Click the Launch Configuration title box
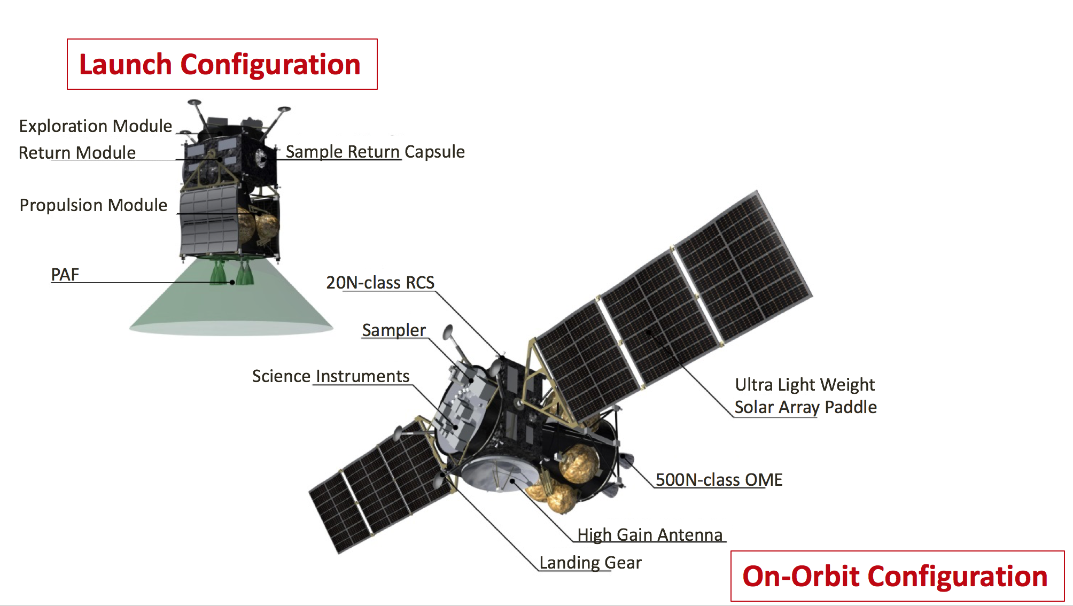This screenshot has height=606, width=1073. pyautogui.click(x=222, y=64)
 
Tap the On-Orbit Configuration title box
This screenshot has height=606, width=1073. pyautogui.click(x=897, y=576)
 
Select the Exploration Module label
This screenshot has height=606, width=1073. pyautogui.click(x=96, y=126)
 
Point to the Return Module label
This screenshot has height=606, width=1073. pyautogui.click(x=77, y=153)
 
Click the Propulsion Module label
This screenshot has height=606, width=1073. pyautogui.click(x=94, y=205)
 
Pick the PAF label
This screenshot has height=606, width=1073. pyautogui.click(x=65, y=275)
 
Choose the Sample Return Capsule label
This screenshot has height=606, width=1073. pyautogui.click(x=375, y=152)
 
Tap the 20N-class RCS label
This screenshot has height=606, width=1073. pyautogui.click(x=380, y=283)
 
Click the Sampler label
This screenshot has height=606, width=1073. pyautogui.click(x=394, y=330)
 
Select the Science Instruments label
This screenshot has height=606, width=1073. pyautogui.click(x=331, y=376)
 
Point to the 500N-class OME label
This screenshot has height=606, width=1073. pyautogui.click(x=719, y=480)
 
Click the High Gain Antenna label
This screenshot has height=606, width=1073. pyautogui.click(x=650, y=535)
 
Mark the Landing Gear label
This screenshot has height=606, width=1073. pyautogui.click(x=590, y=563)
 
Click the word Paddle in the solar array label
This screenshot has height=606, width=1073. pyautogui.click(x=851, y=407)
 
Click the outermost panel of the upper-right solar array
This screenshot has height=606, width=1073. pyautogui.click(x=744, y=267)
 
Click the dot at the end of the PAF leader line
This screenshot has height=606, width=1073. pyautogui.click(x=232, y=282)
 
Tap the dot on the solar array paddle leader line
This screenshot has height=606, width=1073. pyautogui.click(x=649, y=332)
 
